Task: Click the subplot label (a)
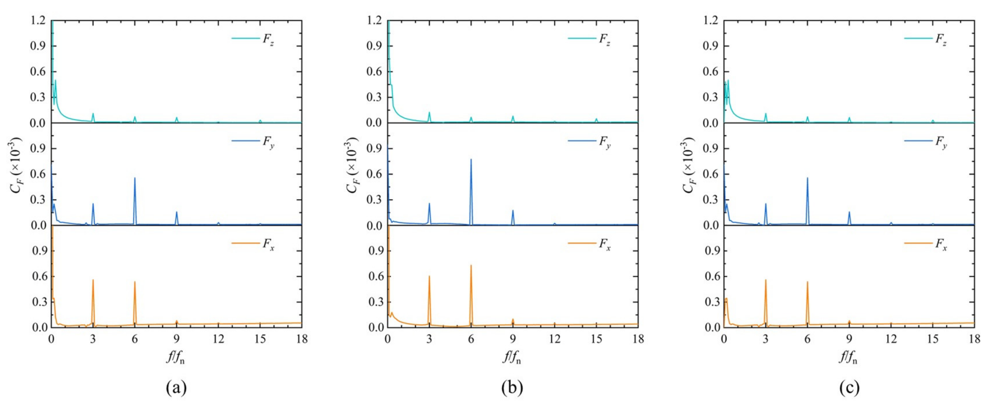[x=176, y=387]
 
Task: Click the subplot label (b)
[x=512, y=387]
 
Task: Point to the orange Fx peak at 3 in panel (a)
[x=93, y=280]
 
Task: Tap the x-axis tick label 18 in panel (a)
[x=301, y=339]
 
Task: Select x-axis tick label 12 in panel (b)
[x=555, y=339]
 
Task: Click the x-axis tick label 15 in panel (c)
[x=933, y=339]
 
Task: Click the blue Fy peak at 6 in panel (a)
[x=135, y=178]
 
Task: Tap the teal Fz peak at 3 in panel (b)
[x=429, y=113]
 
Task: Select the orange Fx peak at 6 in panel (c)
[x=807, y=282]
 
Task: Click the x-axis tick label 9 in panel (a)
[x=177, y=339]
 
